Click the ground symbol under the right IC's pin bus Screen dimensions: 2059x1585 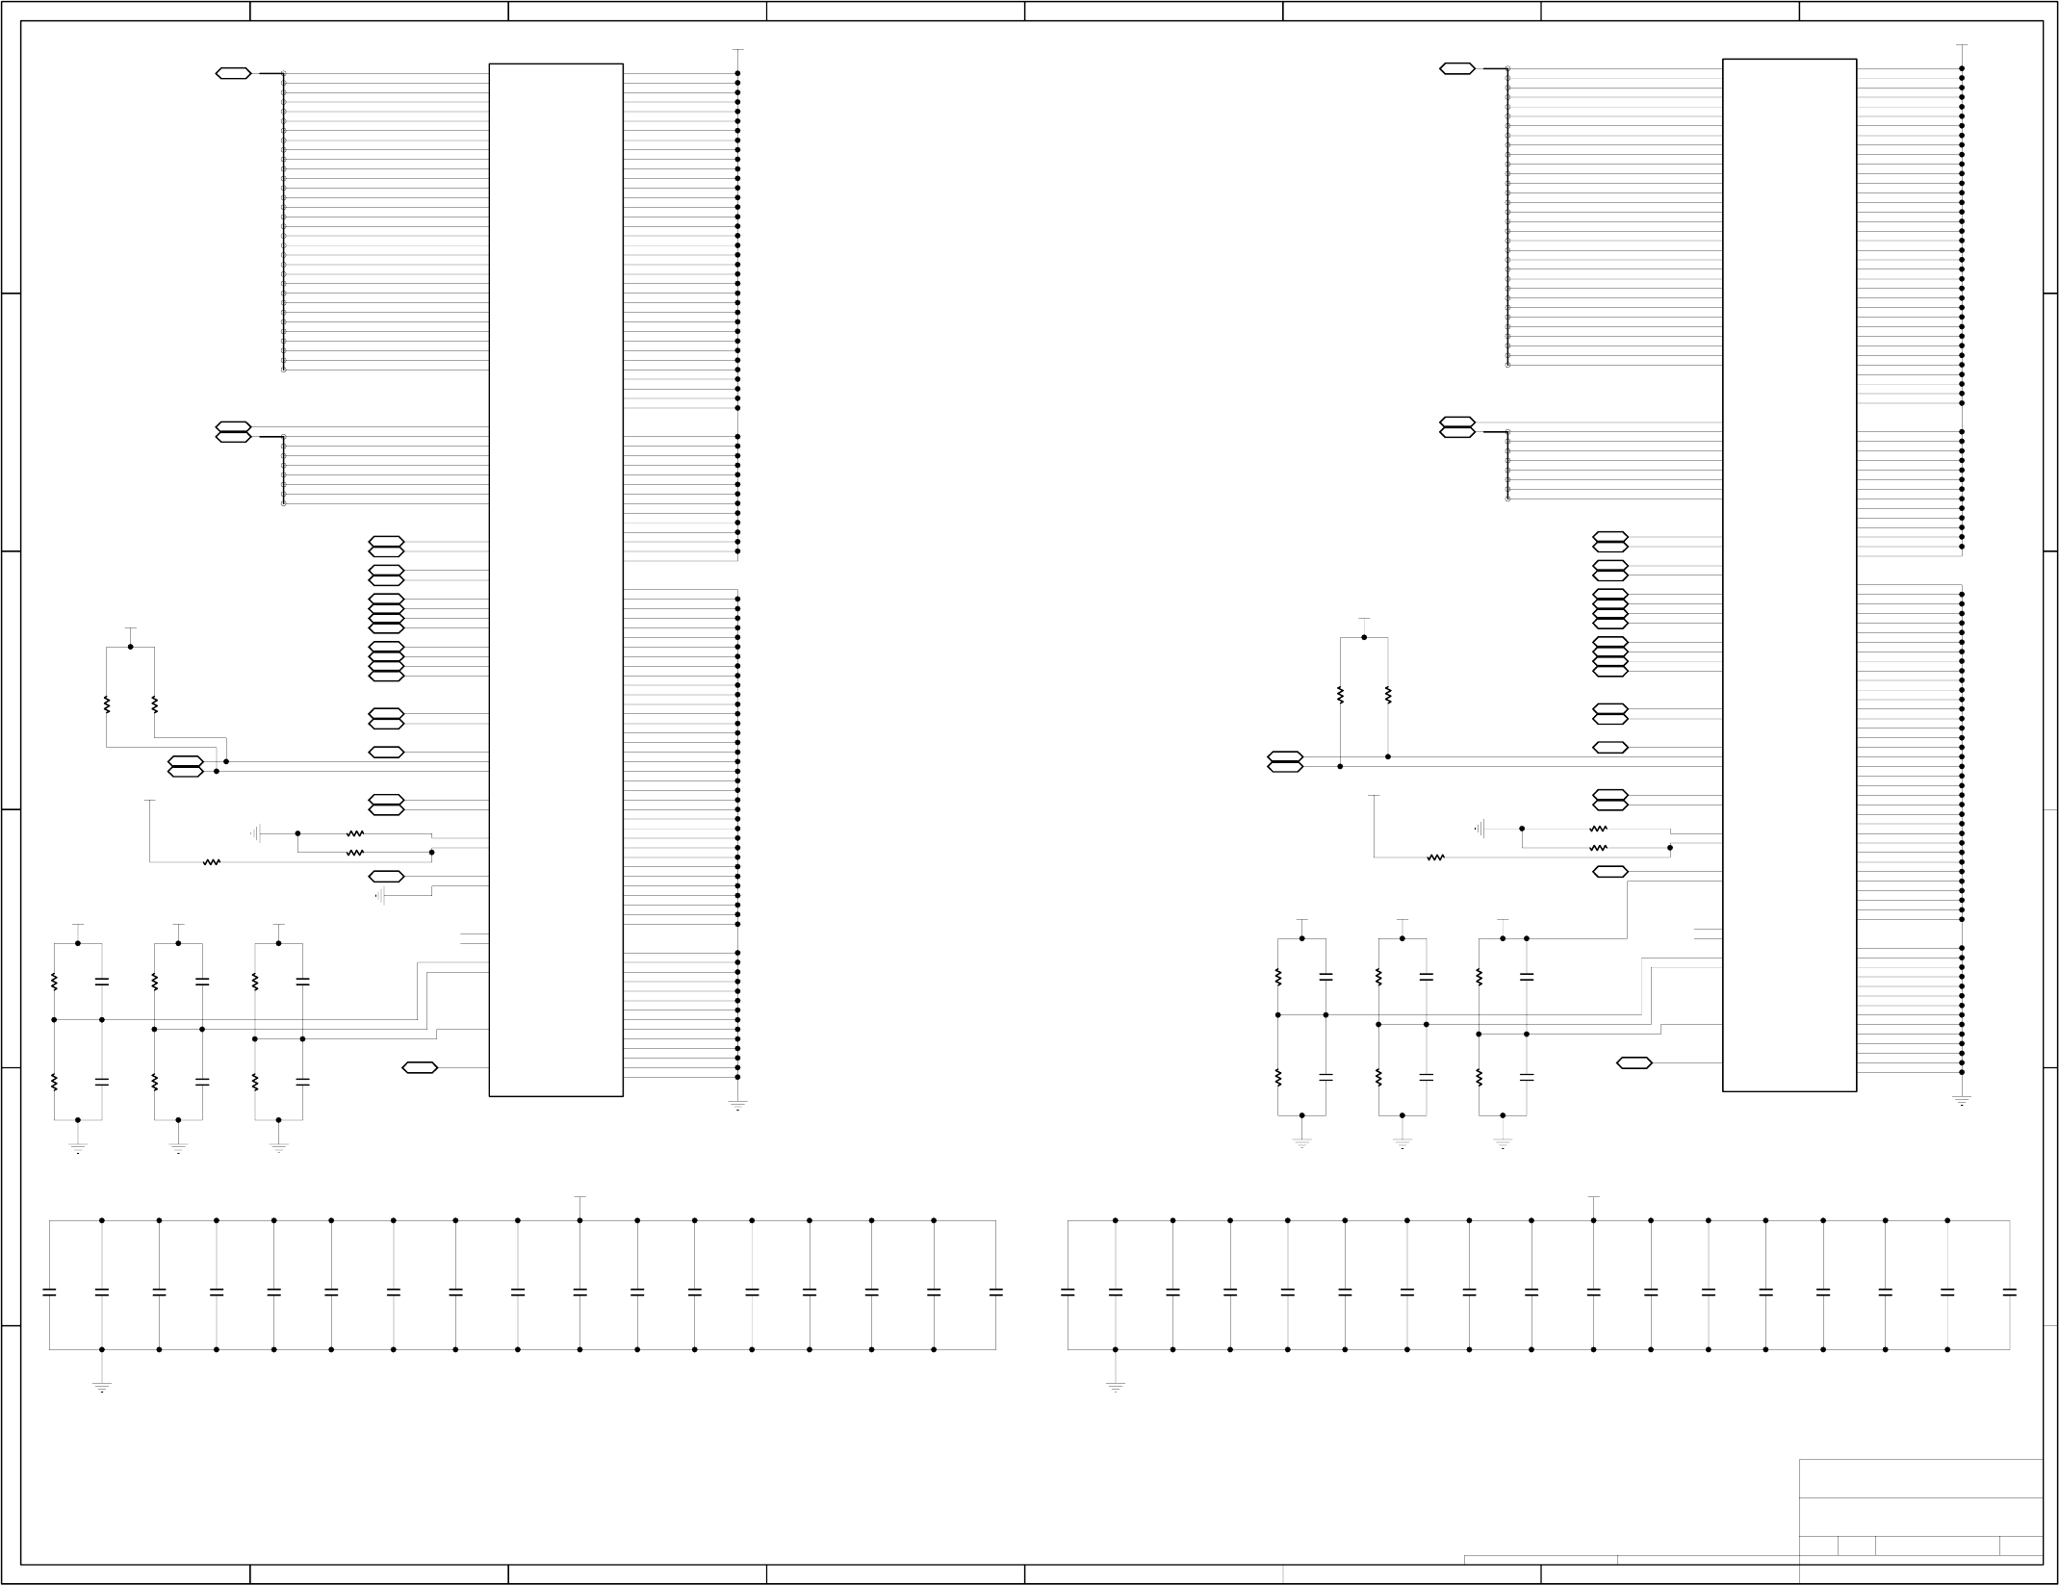pos(1962,1099)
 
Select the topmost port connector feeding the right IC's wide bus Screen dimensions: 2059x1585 pos(1457,68)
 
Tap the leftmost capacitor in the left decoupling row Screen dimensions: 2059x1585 pos(49,1291)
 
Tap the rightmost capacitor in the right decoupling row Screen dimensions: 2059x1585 pos(2009,1291)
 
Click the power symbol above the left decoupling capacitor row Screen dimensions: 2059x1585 pos(580,1198)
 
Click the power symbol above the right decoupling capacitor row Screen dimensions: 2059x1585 pos(1593,1198)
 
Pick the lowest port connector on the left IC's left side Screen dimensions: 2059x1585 pos(420,1067)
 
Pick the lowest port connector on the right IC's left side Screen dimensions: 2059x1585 pos(1634,1062)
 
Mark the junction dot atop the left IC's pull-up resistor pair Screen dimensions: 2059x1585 pos(130,647)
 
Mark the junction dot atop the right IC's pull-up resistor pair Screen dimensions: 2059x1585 pos(1364,637)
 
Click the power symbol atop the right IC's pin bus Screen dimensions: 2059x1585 pos(1962,45)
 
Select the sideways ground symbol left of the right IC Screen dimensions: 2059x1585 pos(1481,828)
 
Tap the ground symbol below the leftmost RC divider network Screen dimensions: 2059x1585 pos(78,1146)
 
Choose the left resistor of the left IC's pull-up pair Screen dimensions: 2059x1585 pos(107,705)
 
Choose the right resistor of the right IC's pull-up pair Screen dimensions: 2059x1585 pos(1388,695)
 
